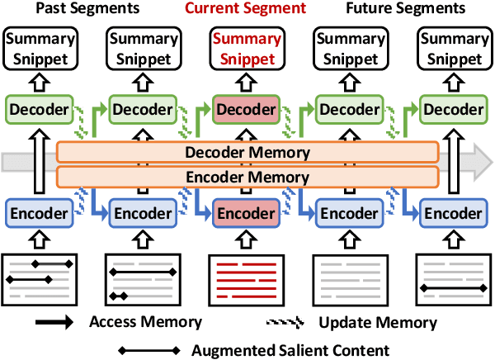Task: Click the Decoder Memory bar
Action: pos(247,152)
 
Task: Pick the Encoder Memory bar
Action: pos(247,176)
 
